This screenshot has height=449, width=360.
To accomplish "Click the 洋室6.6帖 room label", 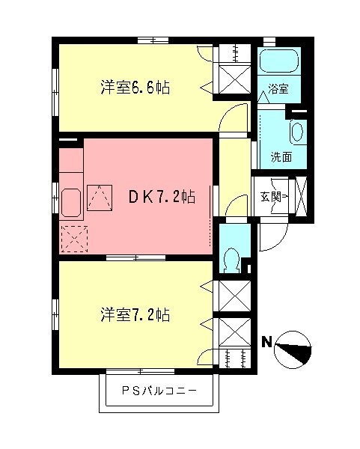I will pyautogui.click(x=135, y=88).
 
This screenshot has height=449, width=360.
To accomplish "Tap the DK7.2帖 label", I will pyautogui.click(x=162, y=197).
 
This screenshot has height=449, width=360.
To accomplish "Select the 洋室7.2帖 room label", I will pyautogui.click(x=135, y=315).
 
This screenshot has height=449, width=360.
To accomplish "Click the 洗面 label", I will pyautogui.click(x=281, y=158).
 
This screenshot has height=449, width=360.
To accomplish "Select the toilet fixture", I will pyautogui.click(x=231, y=257).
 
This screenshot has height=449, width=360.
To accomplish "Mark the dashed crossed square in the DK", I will pyautogui.click(x=75, y=239).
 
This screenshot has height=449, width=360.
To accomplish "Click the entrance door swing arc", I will pyautogui.click(x=268, y=238).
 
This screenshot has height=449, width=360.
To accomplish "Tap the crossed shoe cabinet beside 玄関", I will pyautogui.click(x=302, y=197).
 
